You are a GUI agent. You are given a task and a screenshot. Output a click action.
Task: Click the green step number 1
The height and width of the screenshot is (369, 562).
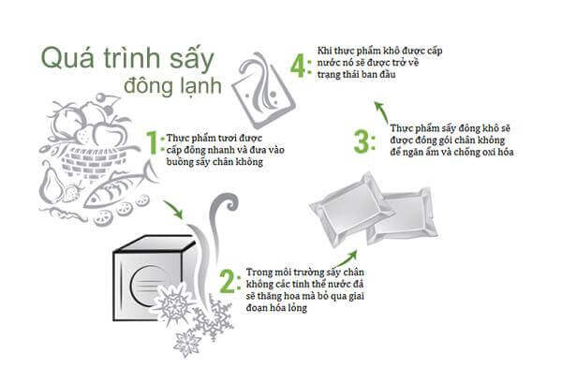[x=153, y=142]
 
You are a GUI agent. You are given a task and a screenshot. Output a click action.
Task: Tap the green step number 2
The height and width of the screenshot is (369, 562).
[x=228, y=282]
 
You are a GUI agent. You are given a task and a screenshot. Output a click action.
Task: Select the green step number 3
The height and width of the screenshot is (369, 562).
[x=361, y=141]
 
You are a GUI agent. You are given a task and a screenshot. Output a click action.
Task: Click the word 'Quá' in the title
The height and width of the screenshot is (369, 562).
[x=67, y=58]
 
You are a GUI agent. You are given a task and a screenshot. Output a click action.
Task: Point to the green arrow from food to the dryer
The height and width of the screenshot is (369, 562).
[x=173, y=210]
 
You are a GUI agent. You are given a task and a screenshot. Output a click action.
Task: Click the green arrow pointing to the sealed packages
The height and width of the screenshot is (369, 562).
[x=347, y=258]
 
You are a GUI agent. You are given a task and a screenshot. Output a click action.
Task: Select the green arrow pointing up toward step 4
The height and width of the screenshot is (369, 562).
[x=382, y=112]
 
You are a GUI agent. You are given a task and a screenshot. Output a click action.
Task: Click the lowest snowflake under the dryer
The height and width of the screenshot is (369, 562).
[x=186, y=343]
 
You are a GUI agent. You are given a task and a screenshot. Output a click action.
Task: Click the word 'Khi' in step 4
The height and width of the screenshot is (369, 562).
[x=324, y=51]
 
